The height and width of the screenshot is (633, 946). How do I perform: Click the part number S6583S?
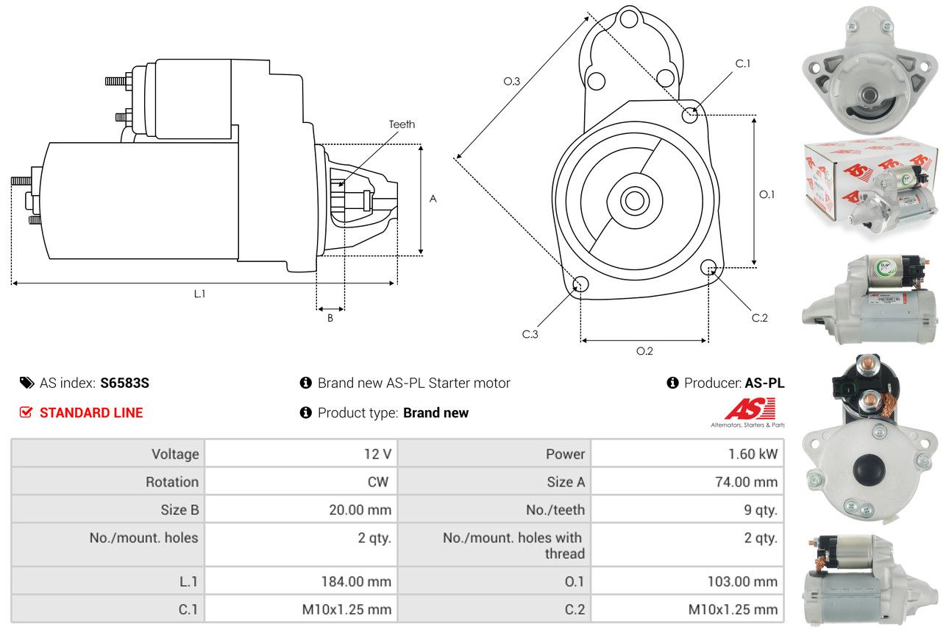pyautogui.click(x=124, y=383)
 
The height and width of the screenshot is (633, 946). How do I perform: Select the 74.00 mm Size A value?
pyautogui.click(x=746, y=481)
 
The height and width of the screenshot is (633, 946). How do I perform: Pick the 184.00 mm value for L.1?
pyautogui.click(x=356, y=581)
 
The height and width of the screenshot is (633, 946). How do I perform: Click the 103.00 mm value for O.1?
pyautogui.click(x=742, y=581)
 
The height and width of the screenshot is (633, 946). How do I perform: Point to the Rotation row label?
pyautogui.click(x=172, y=481)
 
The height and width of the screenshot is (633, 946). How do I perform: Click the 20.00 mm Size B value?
pyautogui.click(x=360, y=509)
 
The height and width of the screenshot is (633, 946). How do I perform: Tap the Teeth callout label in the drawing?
pyautogui.click(x=402, y=124)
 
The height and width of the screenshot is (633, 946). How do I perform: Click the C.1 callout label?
pyautogui.click(x=743, y=64)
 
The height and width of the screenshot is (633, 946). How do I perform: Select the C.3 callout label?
pyautogui.click(x=530, y=334)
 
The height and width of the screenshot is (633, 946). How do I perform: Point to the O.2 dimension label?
pyautogui.click(x=644, y=351)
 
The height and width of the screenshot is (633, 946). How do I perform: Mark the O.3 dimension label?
pyautogui.click(x=512, y=81)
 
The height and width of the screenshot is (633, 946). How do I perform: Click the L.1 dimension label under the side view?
pyautogui.click(x=200, y=294)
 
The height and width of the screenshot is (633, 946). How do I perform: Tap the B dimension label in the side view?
pyautogui.click(x=330, y=318)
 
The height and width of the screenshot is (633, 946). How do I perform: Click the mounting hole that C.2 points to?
pyautogui.click(x=708, y=267)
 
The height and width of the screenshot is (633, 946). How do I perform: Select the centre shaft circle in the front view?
pyautogui.click(x=634, y=201)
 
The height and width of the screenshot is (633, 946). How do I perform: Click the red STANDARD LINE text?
pyautogui.click(x=91, y=412)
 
